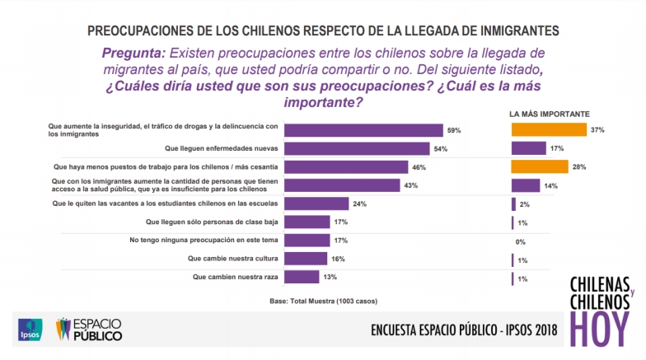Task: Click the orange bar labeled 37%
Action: [x=548, y=130]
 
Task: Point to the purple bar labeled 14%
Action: [x=526, y=185]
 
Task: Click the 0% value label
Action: [x=520, y=241]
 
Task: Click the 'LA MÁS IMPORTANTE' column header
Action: [x=548, y=113]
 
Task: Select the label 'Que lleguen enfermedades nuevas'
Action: [x=225, y=149]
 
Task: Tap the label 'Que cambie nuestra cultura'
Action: [x=238, y=259]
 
